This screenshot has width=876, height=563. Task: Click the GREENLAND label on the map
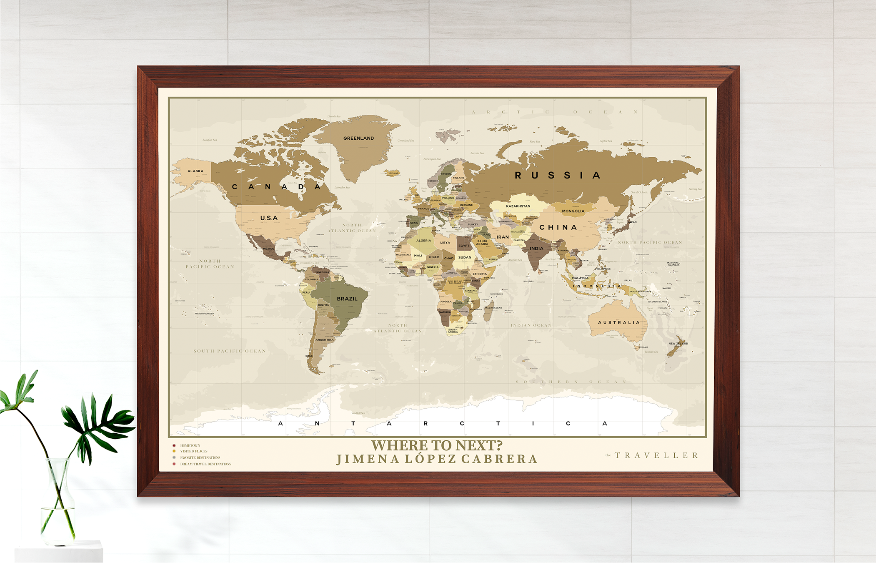(x=358, y=138)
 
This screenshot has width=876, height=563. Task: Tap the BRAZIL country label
(x=347, y=299)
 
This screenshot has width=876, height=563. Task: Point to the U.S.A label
(x=269, y=218)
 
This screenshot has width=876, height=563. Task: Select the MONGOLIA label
(x=573, y=211)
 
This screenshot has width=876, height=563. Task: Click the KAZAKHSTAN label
(x=518, y=206)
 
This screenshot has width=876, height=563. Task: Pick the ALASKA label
(x=195, y=171)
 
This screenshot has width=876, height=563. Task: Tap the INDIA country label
(x=536, y=248)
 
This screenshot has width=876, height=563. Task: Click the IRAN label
(x=503, y=237)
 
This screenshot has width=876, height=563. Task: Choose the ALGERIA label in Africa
(x=423, y=241)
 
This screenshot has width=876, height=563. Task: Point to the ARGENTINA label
(x=324, y=339)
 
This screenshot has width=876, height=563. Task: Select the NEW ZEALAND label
(x=678, y=343)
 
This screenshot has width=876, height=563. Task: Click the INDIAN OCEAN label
(x=531, y=325)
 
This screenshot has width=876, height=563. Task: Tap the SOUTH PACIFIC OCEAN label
(x=230, y=351)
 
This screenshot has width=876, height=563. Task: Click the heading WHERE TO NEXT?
(x=437, y=445)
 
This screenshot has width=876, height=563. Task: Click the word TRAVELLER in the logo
(x=656, y=455)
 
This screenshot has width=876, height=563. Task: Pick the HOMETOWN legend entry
(x=190, y=445)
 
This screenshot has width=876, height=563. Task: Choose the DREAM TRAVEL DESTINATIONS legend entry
(x=205, y=464)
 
